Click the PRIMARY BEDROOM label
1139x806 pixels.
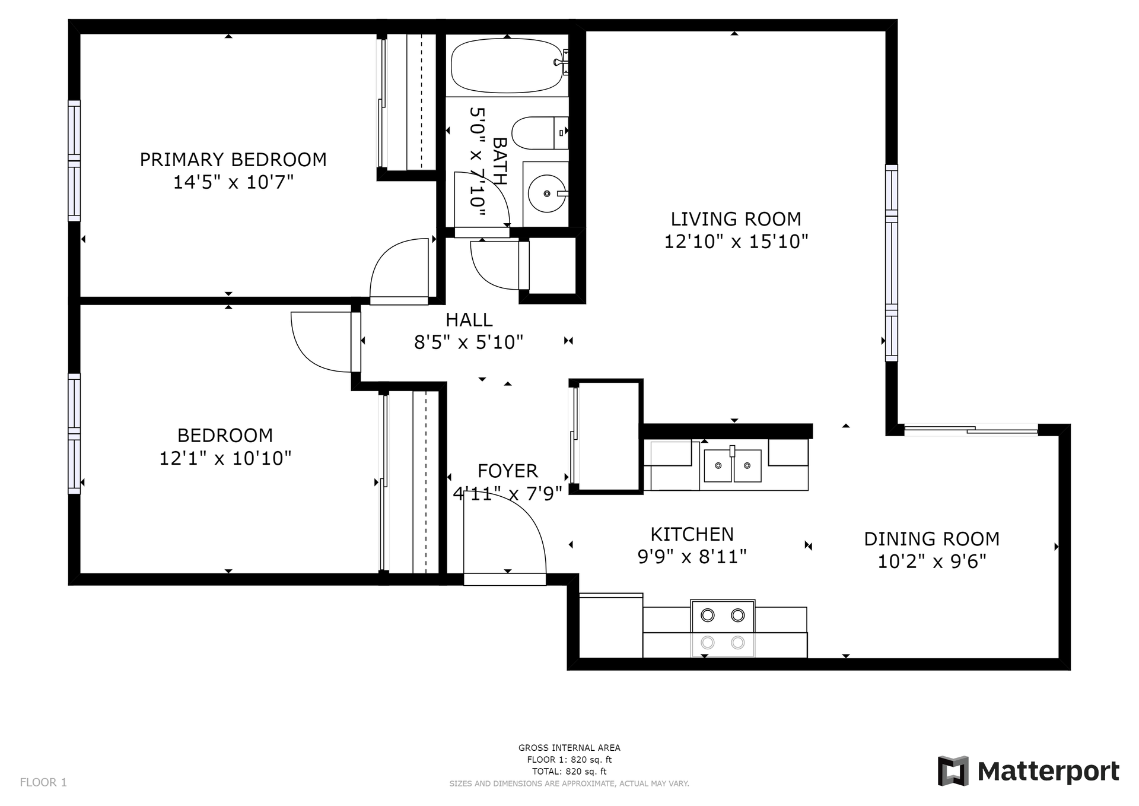click(233, 160)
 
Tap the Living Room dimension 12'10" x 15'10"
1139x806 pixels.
click(736, 242)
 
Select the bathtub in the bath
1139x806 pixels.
click(507, 65)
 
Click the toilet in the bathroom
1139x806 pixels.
click(539, 132)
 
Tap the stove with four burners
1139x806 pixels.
click(723, 629)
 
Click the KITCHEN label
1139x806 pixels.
click(692, 534)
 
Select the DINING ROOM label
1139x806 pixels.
click(931, 539)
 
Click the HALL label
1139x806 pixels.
click(469, 320)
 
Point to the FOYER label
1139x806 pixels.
click(508, 471)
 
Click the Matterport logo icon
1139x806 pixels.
click(953, 771)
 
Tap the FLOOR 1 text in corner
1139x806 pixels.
click(43, 782)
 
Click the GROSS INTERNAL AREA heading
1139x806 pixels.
click(569, 748)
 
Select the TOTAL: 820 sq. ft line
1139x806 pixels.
click(569, 772)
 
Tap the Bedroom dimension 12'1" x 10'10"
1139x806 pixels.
click(225, 458)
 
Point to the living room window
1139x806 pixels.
click(891, 263)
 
